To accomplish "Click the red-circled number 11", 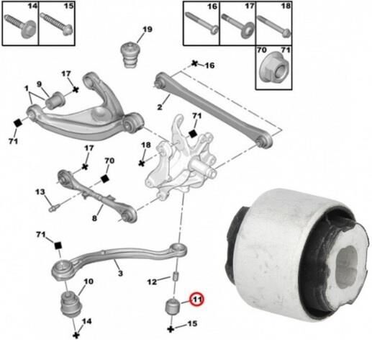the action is pos(196,300).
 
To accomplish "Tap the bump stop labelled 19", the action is pos(130,55).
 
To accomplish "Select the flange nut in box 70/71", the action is pos(274,68).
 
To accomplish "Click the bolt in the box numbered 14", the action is pos(21,26).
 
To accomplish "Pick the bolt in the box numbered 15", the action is pos(57,24).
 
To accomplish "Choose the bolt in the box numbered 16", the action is pos(202,23).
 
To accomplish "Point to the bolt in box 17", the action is pos(237,25).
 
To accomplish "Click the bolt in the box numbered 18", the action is pos(274,25).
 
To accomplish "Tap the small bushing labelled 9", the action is pos(55,100).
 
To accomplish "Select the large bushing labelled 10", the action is pos(71,304).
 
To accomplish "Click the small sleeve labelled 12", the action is pos(176,276).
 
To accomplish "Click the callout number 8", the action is pos(95,218).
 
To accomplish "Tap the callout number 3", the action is pos(120,273).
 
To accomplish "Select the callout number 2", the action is pos(160,107).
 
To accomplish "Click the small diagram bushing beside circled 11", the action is pos(173,307).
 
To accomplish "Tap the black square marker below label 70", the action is pos(105,179).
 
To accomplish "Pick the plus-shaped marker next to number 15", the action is pos(171,329).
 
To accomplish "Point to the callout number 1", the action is pos(27,89).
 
